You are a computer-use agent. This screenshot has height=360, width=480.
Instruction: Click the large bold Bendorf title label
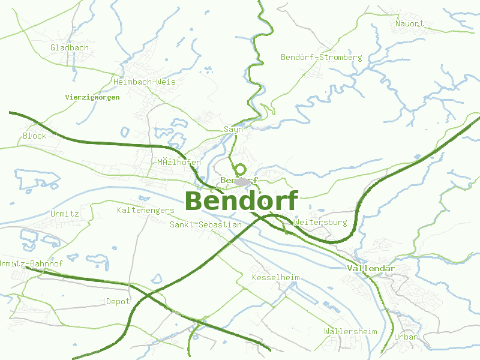pos(241,201)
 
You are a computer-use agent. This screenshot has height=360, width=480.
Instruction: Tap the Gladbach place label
pos(70,47)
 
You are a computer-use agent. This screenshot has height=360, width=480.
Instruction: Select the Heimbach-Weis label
pos(145,81)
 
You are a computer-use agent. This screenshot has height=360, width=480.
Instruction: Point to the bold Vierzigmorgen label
pos(92,97)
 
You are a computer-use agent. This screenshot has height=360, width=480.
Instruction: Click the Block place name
pos(34,136)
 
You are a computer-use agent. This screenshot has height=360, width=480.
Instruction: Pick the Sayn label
pos(233,129)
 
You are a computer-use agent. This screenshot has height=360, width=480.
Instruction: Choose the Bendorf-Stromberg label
pos(322,58)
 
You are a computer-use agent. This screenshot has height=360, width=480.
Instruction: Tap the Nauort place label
pos(409,24)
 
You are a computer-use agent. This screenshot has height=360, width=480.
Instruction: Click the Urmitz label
pos(65,214)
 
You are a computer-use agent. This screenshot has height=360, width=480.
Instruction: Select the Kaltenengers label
pos(146,211)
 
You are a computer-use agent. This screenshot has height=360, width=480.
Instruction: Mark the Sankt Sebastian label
pos(206,225)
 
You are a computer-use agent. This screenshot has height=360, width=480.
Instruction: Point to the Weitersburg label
pos(321,223)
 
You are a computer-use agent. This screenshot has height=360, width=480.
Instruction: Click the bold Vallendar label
pos(371,268)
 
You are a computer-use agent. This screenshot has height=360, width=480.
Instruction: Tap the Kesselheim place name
pos(275,278)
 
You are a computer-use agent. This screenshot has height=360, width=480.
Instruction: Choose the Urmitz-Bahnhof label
pos(31,264)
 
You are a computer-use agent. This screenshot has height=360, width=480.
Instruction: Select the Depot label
pos(118,301)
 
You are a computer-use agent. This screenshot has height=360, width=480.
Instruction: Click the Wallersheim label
pos(350,331)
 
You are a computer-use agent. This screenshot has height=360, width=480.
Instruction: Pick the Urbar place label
pos(406,337)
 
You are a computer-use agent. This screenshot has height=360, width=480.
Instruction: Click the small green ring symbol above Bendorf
pos(241,170)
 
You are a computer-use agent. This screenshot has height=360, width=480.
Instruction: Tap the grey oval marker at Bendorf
pos(242,181)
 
